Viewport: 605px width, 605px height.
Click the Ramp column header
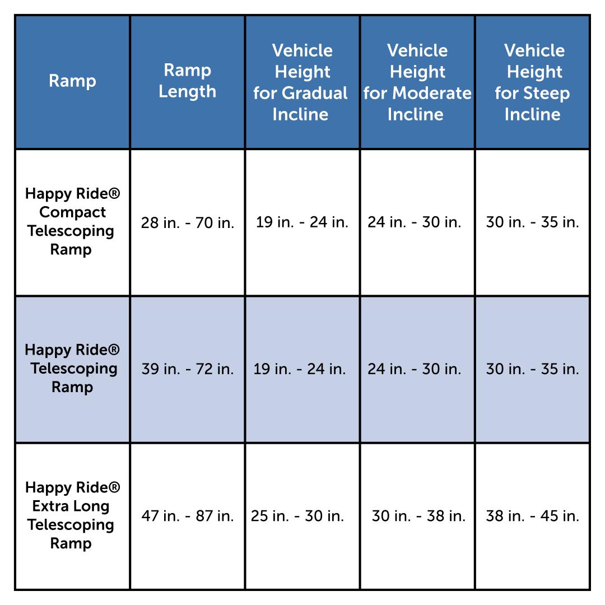point(72,81)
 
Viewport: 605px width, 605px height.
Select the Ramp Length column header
point(187,81)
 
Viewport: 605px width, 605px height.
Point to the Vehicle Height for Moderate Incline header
point(417,82)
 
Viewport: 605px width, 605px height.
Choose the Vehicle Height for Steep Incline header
point(532,82)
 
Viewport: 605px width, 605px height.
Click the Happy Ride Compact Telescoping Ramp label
point(72,222)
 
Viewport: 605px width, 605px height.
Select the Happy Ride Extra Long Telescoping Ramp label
point(72,515)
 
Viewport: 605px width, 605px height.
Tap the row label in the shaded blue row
point(72,369)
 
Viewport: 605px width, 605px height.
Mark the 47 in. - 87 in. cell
point(188,516)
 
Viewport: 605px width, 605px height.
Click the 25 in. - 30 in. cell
point(297,516)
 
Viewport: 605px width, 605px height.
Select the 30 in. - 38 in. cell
point(418,516)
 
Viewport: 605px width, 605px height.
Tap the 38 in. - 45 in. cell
point(532,516)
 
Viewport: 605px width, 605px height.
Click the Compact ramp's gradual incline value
point(302,222)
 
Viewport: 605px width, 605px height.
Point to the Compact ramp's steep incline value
point(532,222)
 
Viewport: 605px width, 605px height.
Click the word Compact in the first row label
point(72,213)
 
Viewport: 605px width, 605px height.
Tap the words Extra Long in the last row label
point(71,506)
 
